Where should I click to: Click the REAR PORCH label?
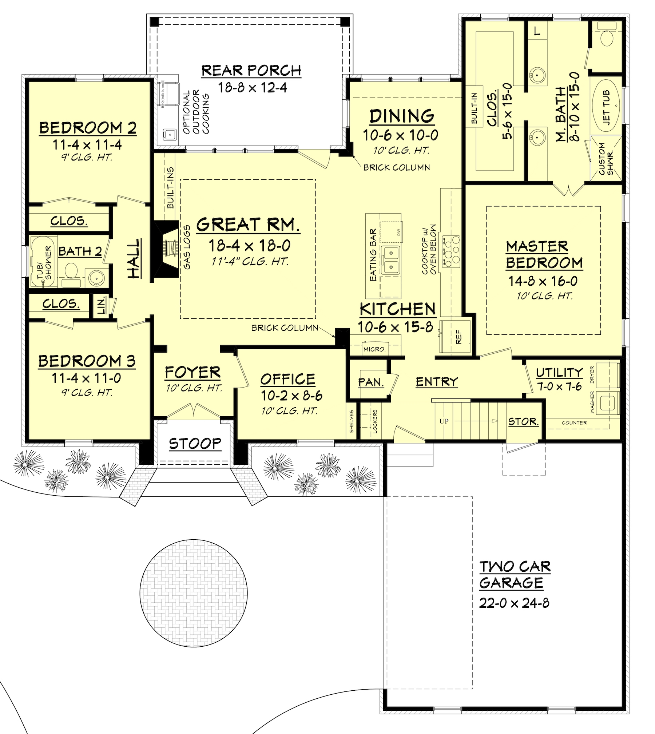[x=251, y=71]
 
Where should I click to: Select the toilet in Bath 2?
[x=71, y=271]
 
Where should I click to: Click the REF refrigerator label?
[x=458, y=337]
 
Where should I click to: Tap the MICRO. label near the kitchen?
[x=374, y=349]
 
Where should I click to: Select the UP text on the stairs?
[x=444, y=421]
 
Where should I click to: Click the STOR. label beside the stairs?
[x=523, y=421]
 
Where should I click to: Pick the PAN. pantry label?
[x=371, y=382]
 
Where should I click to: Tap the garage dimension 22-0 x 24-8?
[x=514, y=603]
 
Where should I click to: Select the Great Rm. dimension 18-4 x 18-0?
[x=249, y=246]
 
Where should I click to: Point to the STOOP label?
[x=195, y=443]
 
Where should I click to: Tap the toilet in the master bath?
[x=606, y=38]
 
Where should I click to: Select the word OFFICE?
[x=287, y=379]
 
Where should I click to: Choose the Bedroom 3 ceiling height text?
[x=87, y=393]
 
